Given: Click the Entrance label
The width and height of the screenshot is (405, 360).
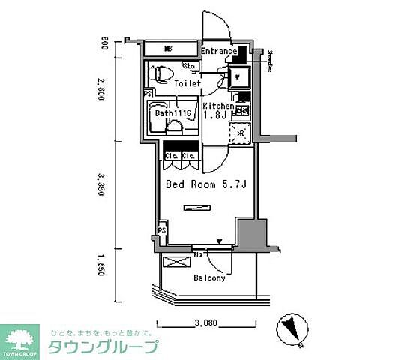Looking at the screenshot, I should [x=219, y=52].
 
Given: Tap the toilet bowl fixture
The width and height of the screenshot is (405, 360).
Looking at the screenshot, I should [x=160, y=73].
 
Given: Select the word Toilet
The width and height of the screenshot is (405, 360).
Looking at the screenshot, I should [x=187, y=84].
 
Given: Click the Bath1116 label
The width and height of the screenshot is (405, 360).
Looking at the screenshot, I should [x=175, y=113].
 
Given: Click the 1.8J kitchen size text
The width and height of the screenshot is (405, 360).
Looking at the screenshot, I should [x=217, y=117].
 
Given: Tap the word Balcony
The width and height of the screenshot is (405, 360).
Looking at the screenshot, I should [x=209, y=277].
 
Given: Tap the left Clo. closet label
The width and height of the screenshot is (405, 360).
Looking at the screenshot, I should [x=171, y=156].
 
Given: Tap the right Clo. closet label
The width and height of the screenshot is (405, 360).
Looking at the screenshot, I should [x=189, y=156].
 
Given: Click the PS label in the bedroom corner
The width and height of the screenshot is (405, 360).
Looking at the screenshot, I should [x=161, y=231].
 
